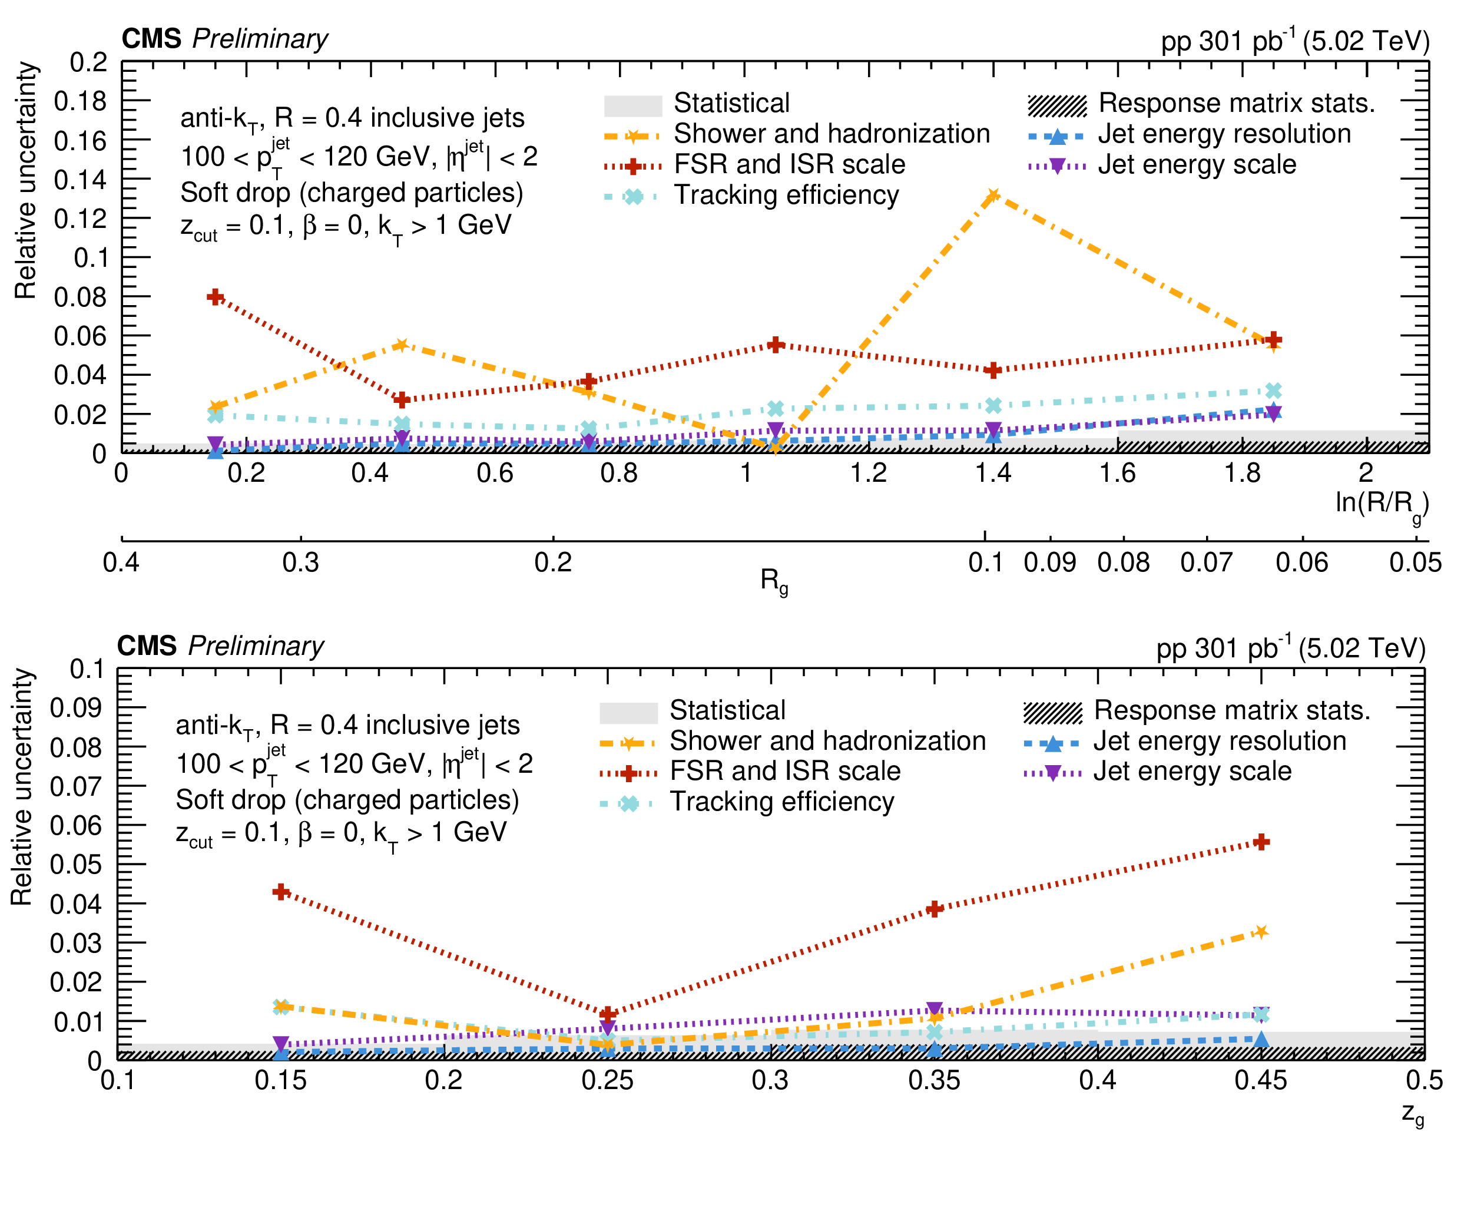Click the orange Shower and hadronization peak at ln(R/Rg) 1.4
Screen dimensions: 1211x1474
993,196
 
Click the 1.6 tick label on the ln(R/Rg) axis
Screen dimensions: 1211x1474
1117,474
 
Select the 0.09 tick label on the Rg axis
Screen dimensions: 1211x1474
1049,563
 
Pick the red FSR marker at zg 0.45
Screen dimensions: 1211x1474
1261,842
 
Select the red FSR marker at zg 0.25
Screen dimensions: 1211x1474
607,1014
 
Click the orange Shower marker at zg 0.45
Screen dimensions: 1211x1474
1261,932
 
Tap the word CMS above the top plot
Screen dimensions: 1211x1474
151,39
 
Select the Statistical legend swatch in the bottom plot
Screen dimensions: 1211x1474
628,712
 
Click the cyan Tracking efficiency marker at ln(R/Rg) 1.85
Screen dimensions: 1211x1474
1273,391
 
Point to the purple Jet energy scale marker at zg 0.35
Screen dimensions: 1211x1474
935,1010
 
